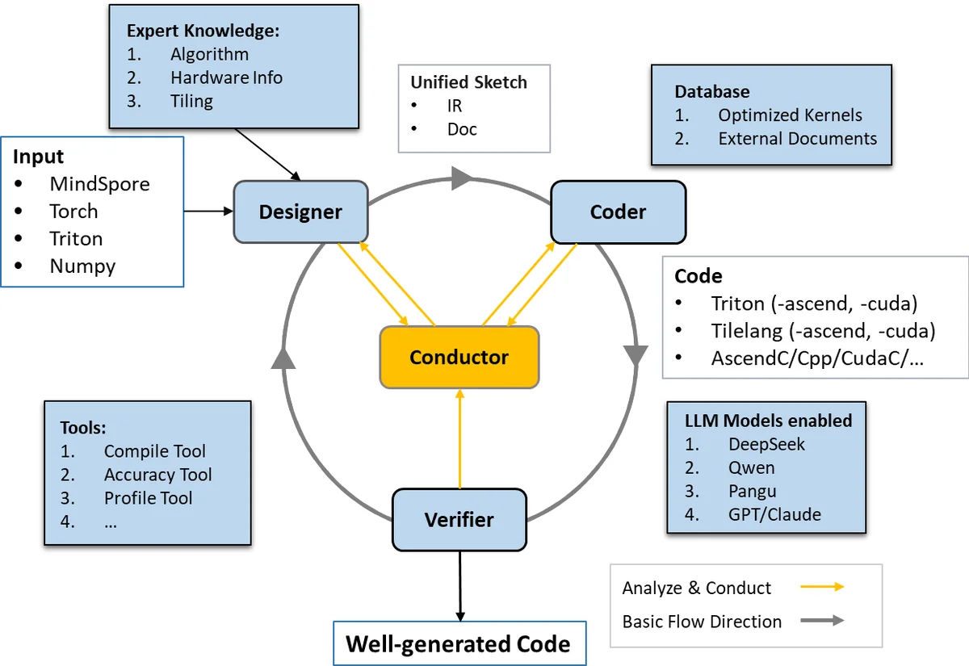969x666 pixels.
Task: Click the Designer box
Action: (x=300, y=212)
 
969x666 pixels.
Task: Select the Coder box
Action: (x=618, y=212)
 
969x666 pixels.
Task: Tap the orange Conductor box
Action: (x=459, y=357)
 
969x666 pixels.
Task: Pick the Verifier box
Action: (x=459, y=519)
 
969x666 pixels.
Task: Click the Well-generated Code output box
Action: (x=458, y=644)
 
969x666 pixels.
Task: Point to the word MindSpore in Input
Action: (x=99, y=183)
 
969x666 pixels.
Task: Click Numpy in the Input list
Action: (x=82, y=266)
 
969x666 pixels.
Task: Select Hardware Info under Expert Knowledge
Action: (x=226, y=77)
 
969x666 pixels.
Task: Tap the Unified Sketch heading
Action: (x=468, y=82)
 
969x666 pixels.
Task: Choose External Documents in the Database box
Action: (x=797, y=138)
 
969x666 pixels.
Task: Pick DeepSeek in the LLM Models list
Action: (x=766, y=444)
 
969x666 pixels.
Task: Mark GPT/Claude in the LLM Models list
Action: (x=774, y=514)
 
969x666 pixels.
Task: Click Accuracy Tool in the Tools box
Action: (x=157, y=475)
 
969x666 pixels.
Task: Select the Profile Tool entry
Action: (x=148, y=498)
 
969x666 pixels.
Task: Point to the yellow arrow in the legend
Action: (x=823, y=588)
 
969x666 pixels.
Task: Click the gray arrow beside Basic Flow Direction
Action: (x=823, y=621)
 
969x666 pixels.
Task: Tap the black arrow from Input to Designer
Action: (x=208, y=212)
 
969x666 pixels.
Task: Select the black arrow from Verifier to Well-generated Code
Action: (x=459, y=585)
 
